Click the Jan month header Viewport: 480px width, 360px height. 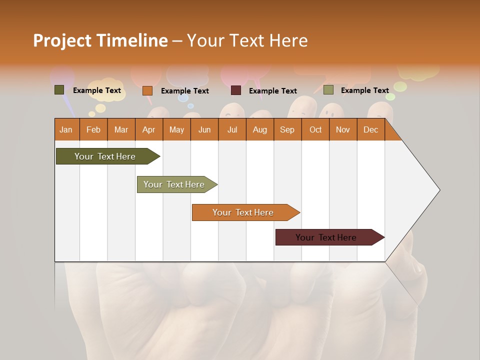(x=66, y=129)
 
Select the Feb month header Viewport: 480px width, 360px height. (x=93, y=129)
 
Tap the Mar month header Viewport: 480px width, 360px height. (x=121, y=129)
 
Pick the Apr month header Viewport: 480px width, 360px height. (x=149, y=129)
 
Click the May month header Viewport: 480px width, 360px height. (x=176, y=129)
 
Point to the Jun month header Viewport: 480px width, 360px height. (x=204, y=129)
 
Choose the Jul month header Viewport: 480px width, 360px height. (x=232, y=129)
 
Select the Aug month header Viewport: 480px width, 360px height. (x=260, y=129)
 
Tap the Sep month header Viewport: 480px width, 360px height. (x=287, y=129)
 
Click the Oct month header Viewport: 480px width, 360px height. (x=315, y=129)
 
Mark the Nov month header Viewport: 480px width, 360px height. (x=343, y=129)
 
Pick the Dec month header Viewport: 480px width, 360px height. (x=371, y=129)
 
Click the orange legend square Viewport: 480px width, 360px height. (x=147, y=90)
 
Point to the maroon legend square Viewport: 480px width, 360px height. (x=236, y=90)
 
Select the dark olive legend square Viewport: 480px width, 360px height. (x=59, y=90)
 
